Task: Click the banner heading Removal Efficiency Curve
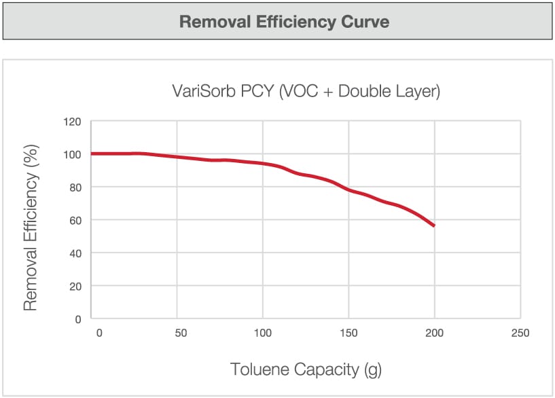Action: tap(284, 22)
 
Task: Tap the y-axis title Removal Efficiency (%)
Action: tap(30, 228)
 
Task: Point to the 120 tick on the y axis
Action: tap(72, 122)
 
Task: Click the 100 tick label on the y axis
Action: tap(72, 155)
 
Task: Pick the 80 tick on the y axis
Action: tap(74, 187)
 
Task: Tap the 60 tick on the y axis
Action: tap(74, 220)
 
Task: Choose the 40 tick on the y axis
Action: tap(74, 253)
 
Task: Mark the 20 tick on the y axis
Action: tap(74, 286)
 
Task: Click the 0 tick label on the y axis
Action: tap(77, 319)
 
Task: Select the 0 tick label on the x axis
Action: tap(99, 333)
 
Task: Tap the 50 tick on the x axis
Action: tap(180, 333)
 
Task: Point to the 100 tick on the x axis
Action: tap(262, 333)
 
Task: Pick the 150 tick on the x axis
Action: tap(348, 333)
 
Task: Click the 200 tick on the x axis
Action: tap(434, 333)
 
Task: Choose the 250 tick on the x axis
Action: tap(519, 333)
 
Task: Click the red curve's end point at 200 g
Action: tap(434, 225)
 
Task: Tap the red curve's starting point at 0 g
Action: tap(92, 153)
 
